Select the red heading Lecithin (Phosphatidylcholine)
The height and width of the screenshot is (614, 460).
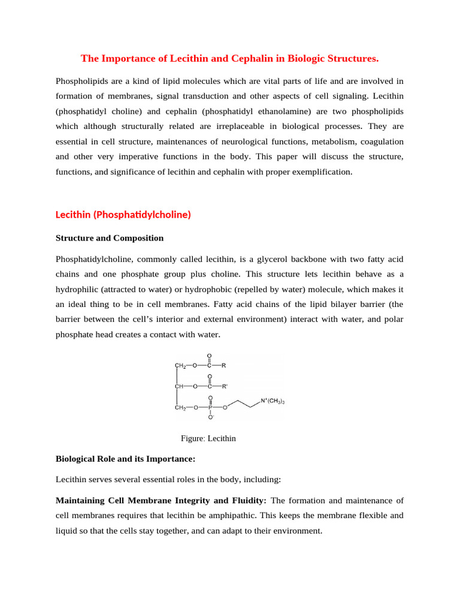123,214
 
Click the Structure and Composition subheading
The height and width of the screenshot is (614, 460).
109,238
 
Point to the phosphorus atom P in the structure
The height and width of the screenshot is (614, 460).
210,408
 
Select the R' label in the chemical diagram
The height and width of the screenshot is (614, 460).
225,387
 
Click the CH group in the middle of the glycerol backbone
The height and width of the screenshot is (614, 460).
178,387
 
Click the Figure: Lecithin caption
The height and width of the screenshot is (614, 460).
208,438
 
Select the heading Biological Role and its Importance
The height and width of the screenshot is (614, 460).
126,459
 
